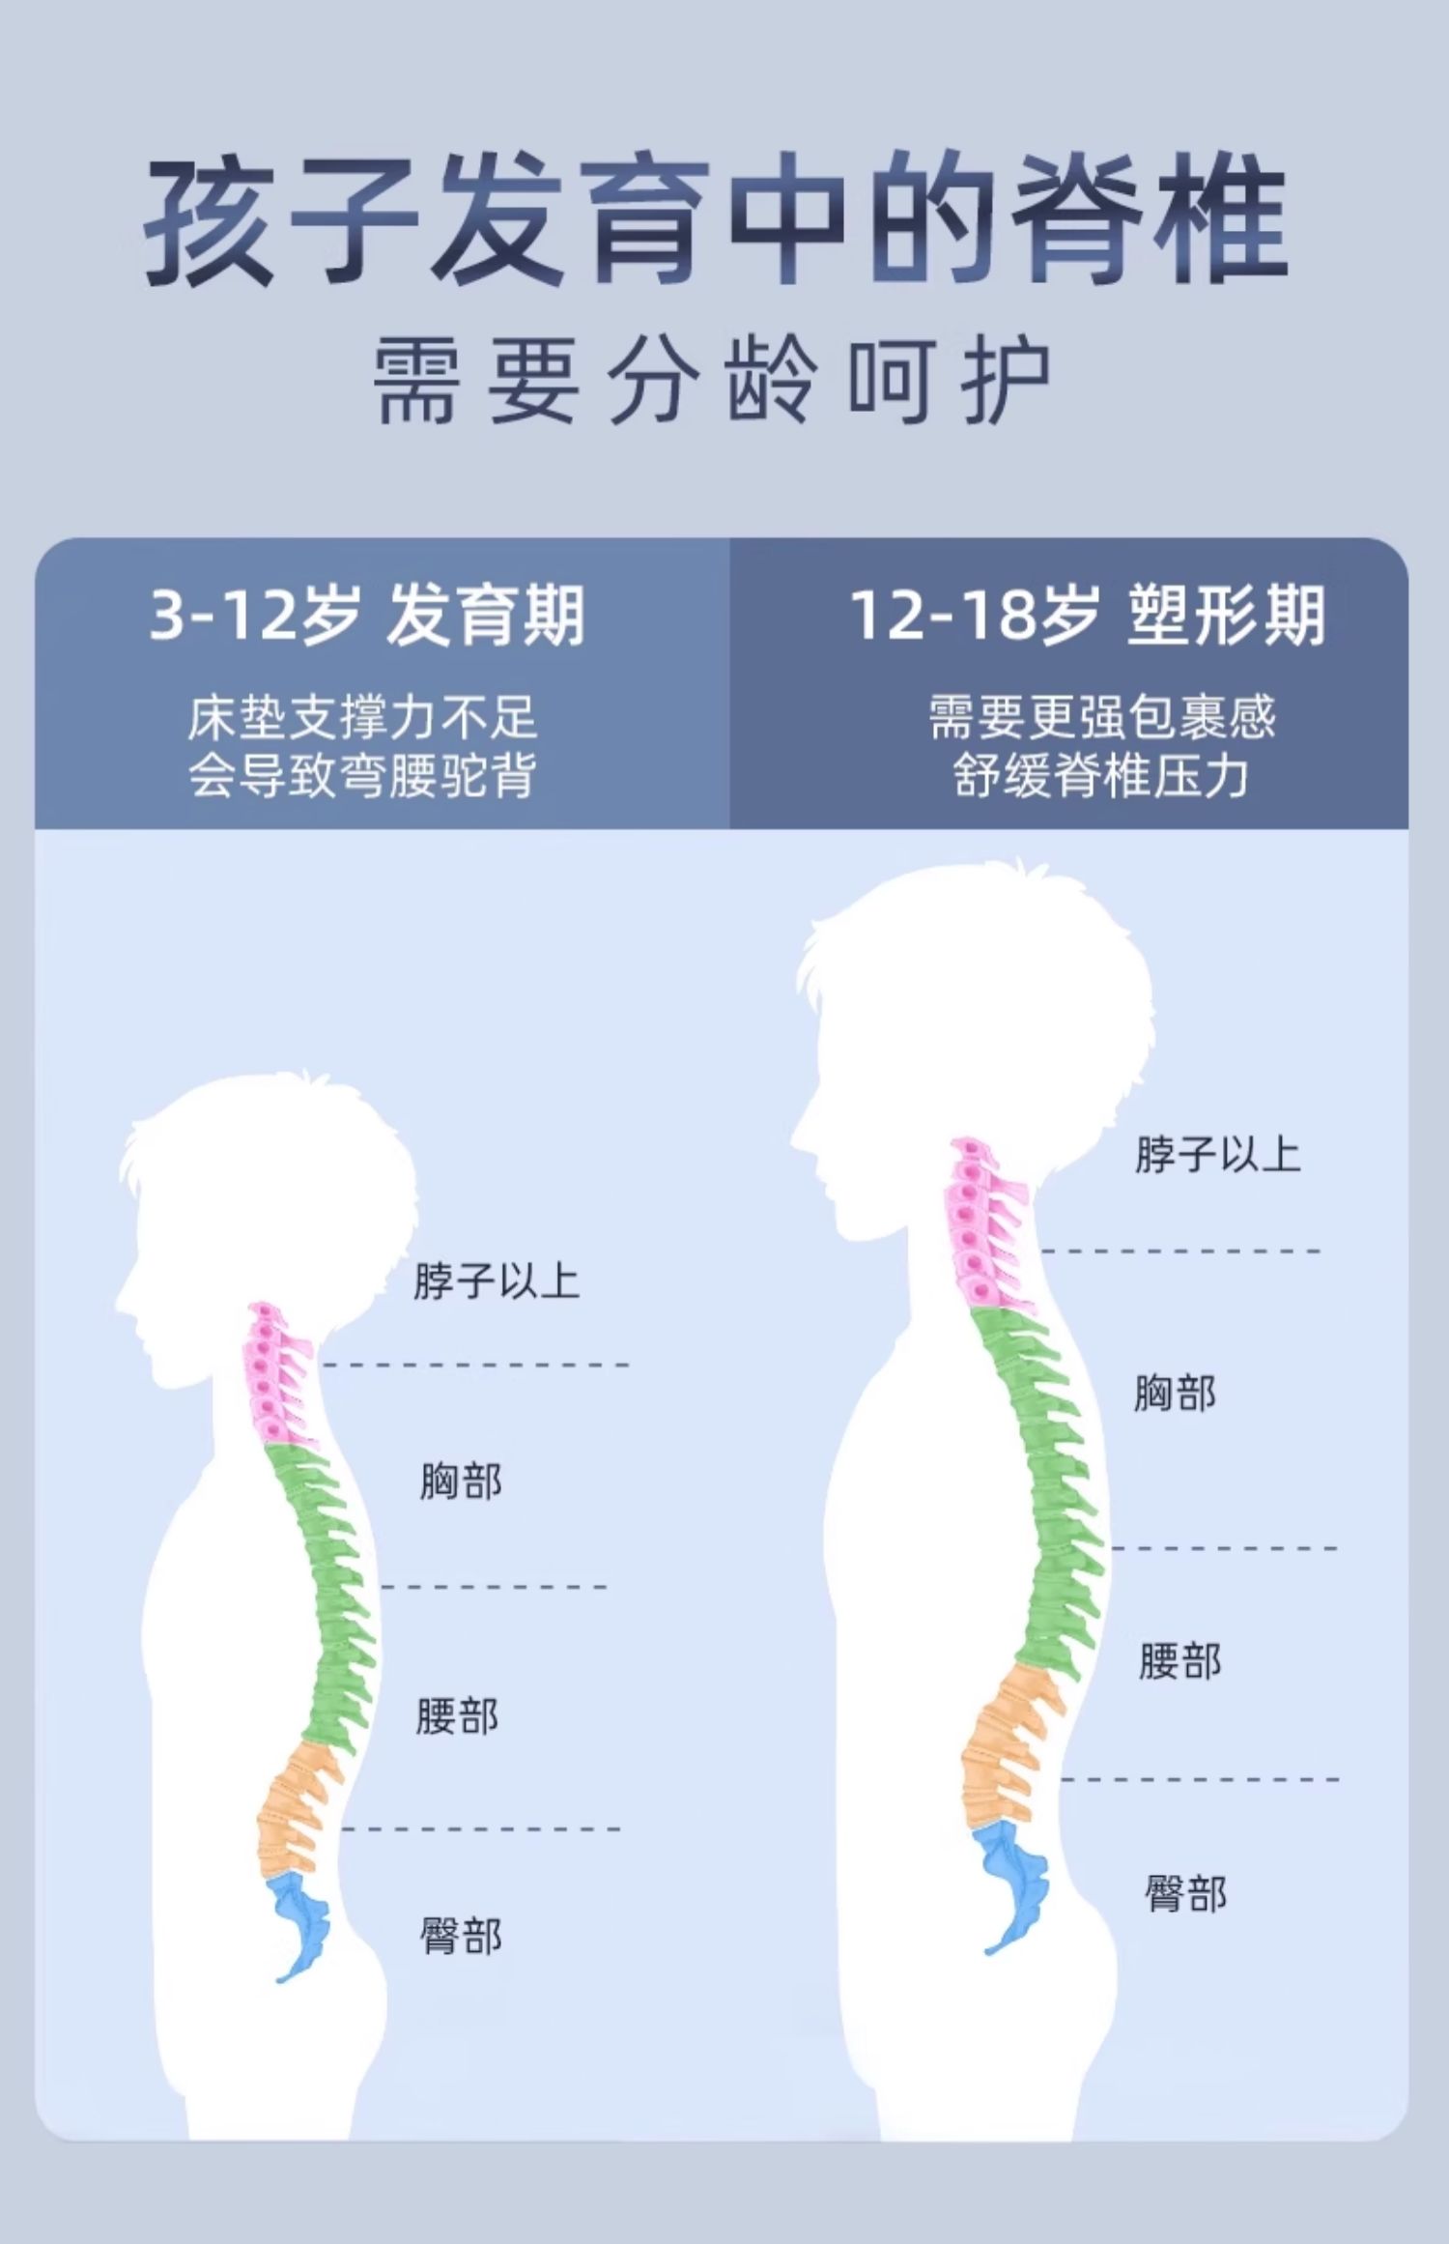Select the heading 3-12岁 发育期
[367, 616]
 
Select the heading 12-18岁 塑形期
[1087, 616]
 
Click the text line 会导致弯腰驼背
[362, 775]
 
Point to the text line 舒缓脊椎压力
[1101, 775]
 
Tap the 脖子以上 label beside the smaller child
[497, 1281]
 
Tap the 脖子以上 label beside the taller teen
[1217, 1154]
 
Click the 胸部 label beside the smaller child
[461, 1481]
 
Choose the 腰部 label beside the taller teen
[1179, 1661]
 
